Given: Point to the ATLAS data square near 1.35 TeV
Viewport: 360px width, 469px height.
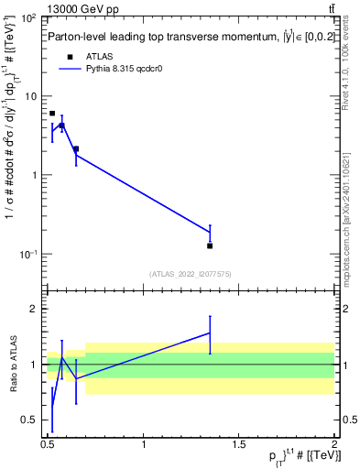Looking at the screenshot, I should [210, 245].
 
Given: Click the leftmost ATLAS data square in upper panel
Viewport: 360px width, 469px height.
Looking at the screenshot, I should [52, 114].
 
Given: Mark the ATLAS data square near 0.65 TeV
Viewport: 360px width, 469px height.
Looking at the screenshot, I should [76, 148].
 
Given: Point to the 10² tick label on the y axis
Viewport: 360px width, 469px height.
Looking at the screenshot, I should [27, 18].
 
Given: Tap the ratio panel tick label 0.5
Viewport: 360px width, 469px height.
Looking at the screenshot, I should [29, 420].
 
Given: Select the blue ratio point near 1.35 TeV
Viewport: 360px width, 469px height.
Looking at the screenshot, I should [210, 333].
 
